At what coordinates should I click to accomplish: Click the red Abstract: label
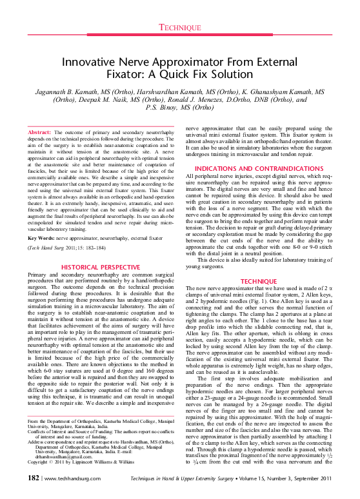coord(39,132)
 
